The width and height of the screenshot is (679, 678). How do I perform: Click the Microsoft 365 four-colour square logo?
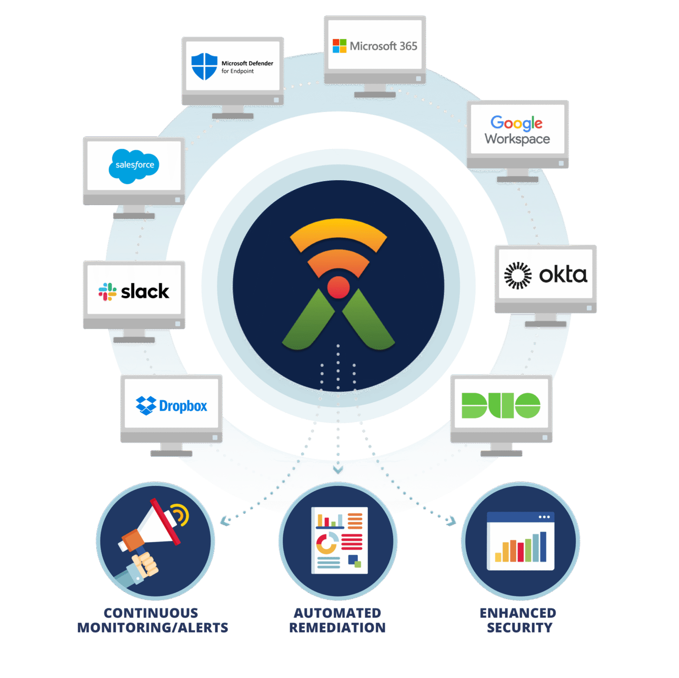[339, 46]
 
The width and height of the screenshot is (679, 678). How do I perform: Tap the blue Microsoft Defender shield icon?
[204, 66]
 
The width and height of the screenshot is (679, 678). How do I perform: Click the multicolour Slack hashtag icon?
[107, 292]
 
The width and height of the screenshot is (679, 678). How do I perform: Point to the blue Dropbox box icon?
[146, 406]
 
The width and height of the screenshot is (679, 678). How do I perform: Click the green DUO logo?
[501, 406]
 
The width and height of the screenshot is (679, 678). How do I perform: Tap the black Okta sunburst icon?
[518, 276]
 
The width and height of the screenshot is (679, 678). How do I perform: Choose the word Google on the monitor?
[516, 123]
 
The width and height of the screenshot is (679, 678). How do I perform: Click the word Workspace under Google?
[517, 139]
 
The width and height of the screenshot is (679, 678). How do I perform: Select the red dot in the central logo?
[338, 287]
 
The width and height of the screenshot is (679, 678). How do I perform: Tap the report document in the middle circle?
[339, 540]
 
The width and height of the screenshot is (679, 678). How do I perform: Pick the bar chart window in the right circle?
[521, 541]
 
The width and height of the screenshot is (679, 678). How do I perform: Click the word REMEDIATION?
[337, 627]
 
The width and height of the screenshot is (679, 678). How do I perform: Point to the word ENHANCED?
[518, 613]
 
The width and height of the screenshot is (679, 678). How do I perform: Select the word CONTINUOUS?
[151, 613]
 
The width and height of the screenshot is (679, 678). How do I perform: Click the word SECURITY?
[520, 627]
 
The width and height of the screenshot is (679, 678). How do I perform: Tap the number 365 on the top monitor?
[408, 46]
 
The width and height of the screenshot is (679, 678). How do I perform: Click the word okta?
[563, 275]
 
